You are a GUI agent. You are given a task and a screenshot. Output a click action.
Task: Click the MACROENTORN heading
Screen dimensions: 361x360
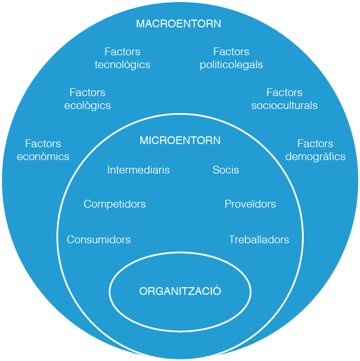click(178, 24)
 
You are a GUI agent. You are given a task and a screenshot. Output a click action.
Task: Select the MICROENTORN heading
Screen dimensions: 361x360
click(180, 140)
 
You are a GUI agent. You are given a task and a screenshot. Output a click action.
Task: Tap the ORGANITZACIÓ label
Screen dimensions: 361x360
click(180, 291)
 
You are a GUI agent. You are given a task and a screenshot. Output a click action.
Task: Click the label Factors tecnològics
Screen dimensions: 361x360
click(122, 58)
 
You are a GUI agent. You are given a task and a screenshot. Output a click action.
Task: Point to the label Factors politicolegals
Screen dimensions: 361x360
click(231, 58)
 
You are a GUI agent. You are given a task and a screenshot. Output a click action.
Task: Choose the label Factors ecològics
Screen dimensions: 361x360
click(87, 99)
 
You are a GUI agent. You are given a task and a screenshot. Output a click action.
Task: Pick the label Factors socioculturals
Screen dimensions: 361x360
click(284, 99)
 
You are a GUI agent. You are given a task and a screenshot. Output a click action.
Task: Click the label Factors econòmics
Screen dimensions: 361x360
click(43, 150)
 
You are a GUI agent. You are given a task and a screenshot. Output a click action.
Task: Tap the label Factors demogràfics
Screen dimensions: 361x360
click(315, 150)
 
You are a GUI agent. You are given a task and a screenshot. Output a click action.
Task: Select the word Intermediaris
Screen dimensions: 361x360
click(138, 170)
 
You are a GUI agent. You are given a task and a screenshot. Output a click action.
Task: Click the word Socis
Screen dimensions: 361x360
click(226, 170)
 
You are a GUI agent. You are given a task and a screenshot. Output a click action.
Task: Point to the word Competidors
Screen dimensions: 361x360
click(115, 204)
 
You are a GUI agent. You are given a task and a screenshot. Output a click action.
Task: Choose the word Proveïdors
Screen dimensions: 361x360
click(250, 204)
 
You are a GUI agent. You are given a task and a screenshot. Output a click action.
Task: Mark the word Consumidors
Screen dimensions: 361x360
click(99, 240)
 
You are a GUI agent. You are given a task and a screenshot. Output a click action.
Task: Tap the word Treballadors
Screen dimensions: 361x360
click(259, 240)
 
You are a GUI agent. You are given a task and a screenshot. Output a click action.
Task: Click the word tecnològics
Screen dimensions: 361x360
click(122, 65)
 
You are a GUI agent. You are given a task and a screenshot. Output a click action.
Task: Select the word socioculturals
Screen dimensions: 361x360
click(284, 106)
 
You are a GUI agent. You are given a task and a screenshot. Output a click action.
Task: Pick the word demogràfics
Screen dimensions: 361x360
click(315, 156)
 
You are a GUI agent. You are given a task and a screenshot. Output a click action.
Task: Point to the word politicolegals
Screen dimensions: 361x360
click(231, 65)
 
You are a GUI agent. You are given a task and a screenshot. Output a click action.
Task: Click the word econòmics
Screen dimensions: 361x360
click(43, 156)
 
